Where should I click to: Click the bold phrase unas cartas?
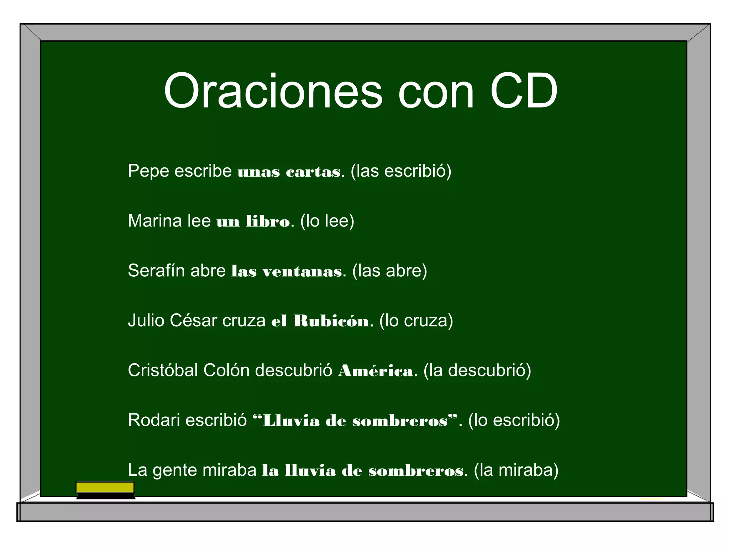click(x=289, y=172)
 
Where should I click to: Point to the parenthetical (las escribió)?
click(x=401, y=171)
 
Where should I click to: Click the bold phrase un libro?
click(x=253, y=222)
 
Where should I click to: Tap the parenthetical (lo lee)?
click(x=327, y=221)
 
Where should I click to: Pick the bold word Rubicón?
click(x=331, y=321)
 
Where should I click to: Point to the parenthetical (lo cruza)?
click(x=416, y=321)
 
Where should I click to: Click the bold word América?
click(x=376, y=371)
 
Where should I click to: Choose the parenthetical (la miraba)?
click(x=516, y=470)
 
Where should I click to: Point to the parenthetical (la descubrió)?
click(x=477, y=370)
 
